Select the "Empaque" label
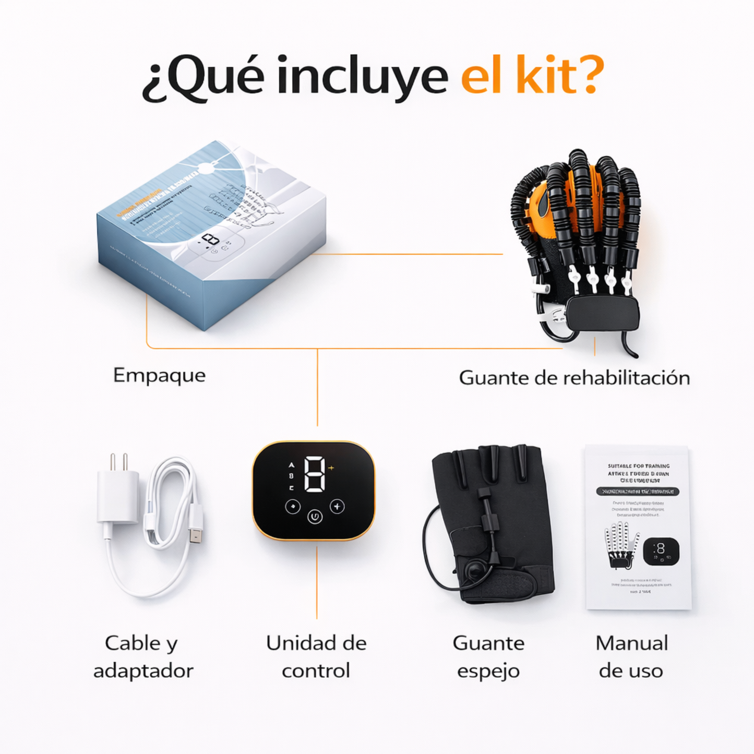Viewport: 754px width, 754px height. (159, 375)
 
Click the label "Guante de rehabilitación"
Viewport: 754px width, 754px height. (574, 377)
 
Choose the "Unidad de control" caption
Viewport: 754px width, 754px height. (316, 656)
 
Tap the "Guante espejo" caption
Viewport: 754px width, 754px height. (488, 656)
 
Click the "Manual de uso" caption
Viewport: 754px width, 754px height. (631, 656)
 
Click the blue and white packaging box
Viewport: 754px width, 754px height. (211, 235)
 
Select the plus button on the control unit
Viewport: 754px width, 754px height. (338, 506)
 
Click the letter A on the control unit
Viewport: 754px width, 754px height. (291, 464)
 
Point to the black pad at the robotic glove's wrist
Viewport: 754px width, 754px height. (602, 314)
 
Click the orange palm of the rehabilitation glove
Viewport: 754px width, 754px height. (543, 209)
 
